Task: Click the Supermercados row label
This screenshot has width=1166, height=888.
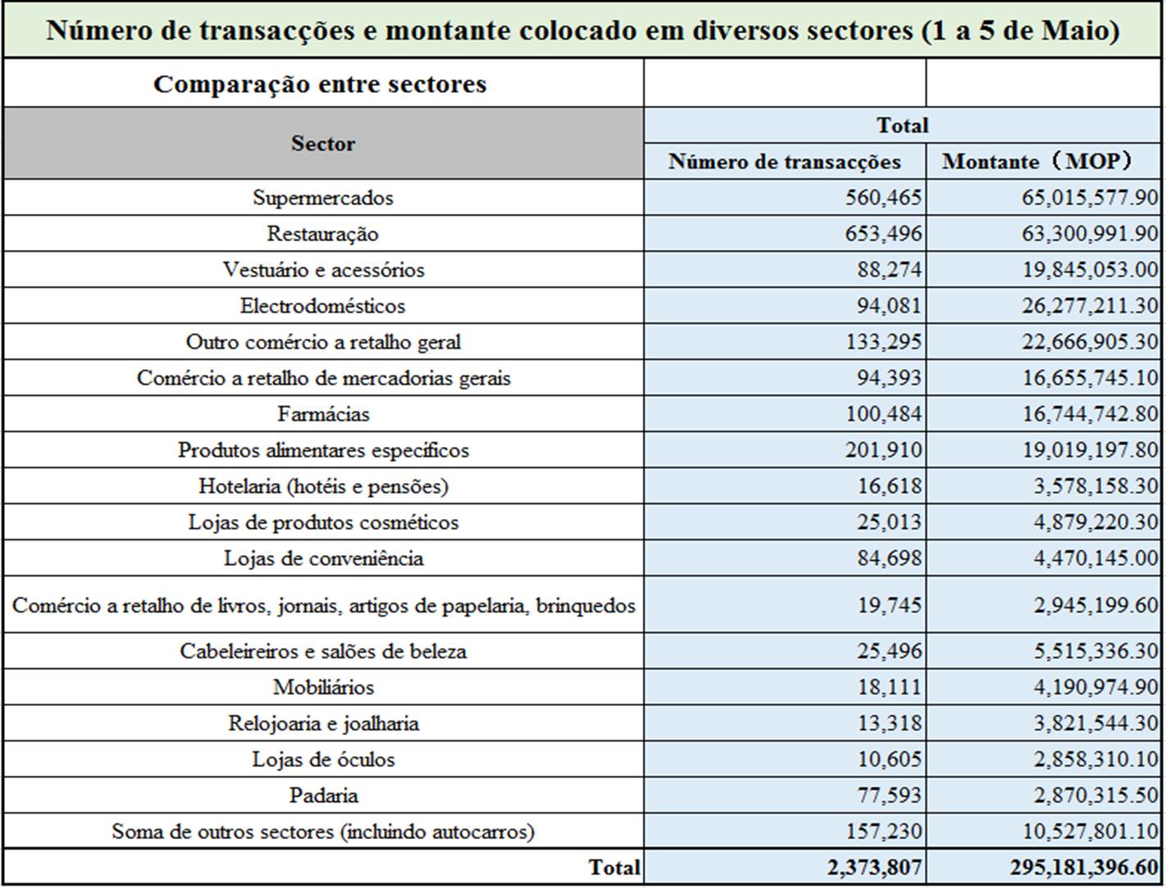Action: click(x=323, y=198)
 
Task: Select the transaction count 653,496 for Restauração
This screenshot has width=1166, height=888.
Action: click(x=883, y=234)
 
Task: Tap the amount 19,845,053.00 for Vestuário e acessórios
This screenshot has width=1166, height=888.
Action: click(x=1090, y=270)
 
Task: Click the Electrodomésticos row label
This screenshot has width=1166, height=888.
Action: click(x=323, y=306)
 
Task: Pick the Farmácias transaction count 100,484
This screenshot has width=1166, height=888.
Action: click(x=883, y=414)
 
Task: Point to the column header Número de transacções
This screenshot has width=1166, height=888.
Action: click(x=785, y=162)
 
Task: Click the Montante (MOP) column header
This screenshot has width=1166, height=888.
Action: click(x=1037, y=162)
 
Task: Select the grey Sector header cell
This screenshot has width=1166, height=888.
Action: click(x=323, y=143)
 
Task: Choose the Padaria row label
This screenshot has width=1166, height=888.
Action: click(x=323, y=795)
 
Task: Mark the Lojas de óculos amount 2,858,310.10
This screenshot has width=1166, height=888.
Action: click(x=1095, y=759)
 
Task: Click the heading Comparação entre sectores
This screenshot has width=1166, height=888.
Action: click(x=320, y=84)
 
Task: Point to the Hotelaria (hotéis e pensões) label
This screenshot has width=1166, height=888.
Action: click(x=323, y=486)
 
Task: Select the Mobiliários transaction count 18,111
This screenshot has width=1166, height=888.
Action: click(x=889, y=687)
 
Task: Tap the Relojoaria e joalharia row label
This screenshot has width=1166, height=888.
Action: click(x=323, y=723)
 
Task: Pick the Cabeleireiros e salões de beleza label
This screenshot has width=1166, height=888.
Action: click(x=323, y=651)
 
